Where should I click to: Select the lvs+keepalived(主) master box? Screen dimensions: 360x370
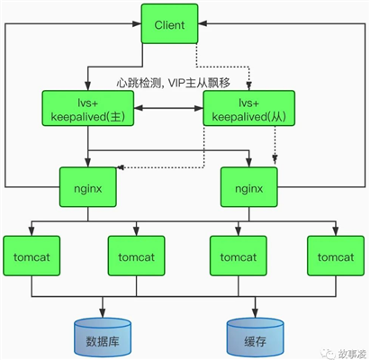[88, 109]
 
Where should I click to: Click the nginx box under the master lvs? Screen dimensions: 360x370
[88, 188]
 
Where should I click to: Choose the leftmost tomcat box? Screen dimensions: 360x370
[32, 256]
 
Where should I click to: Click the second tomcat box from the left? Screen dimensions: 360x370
[138, 256]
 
